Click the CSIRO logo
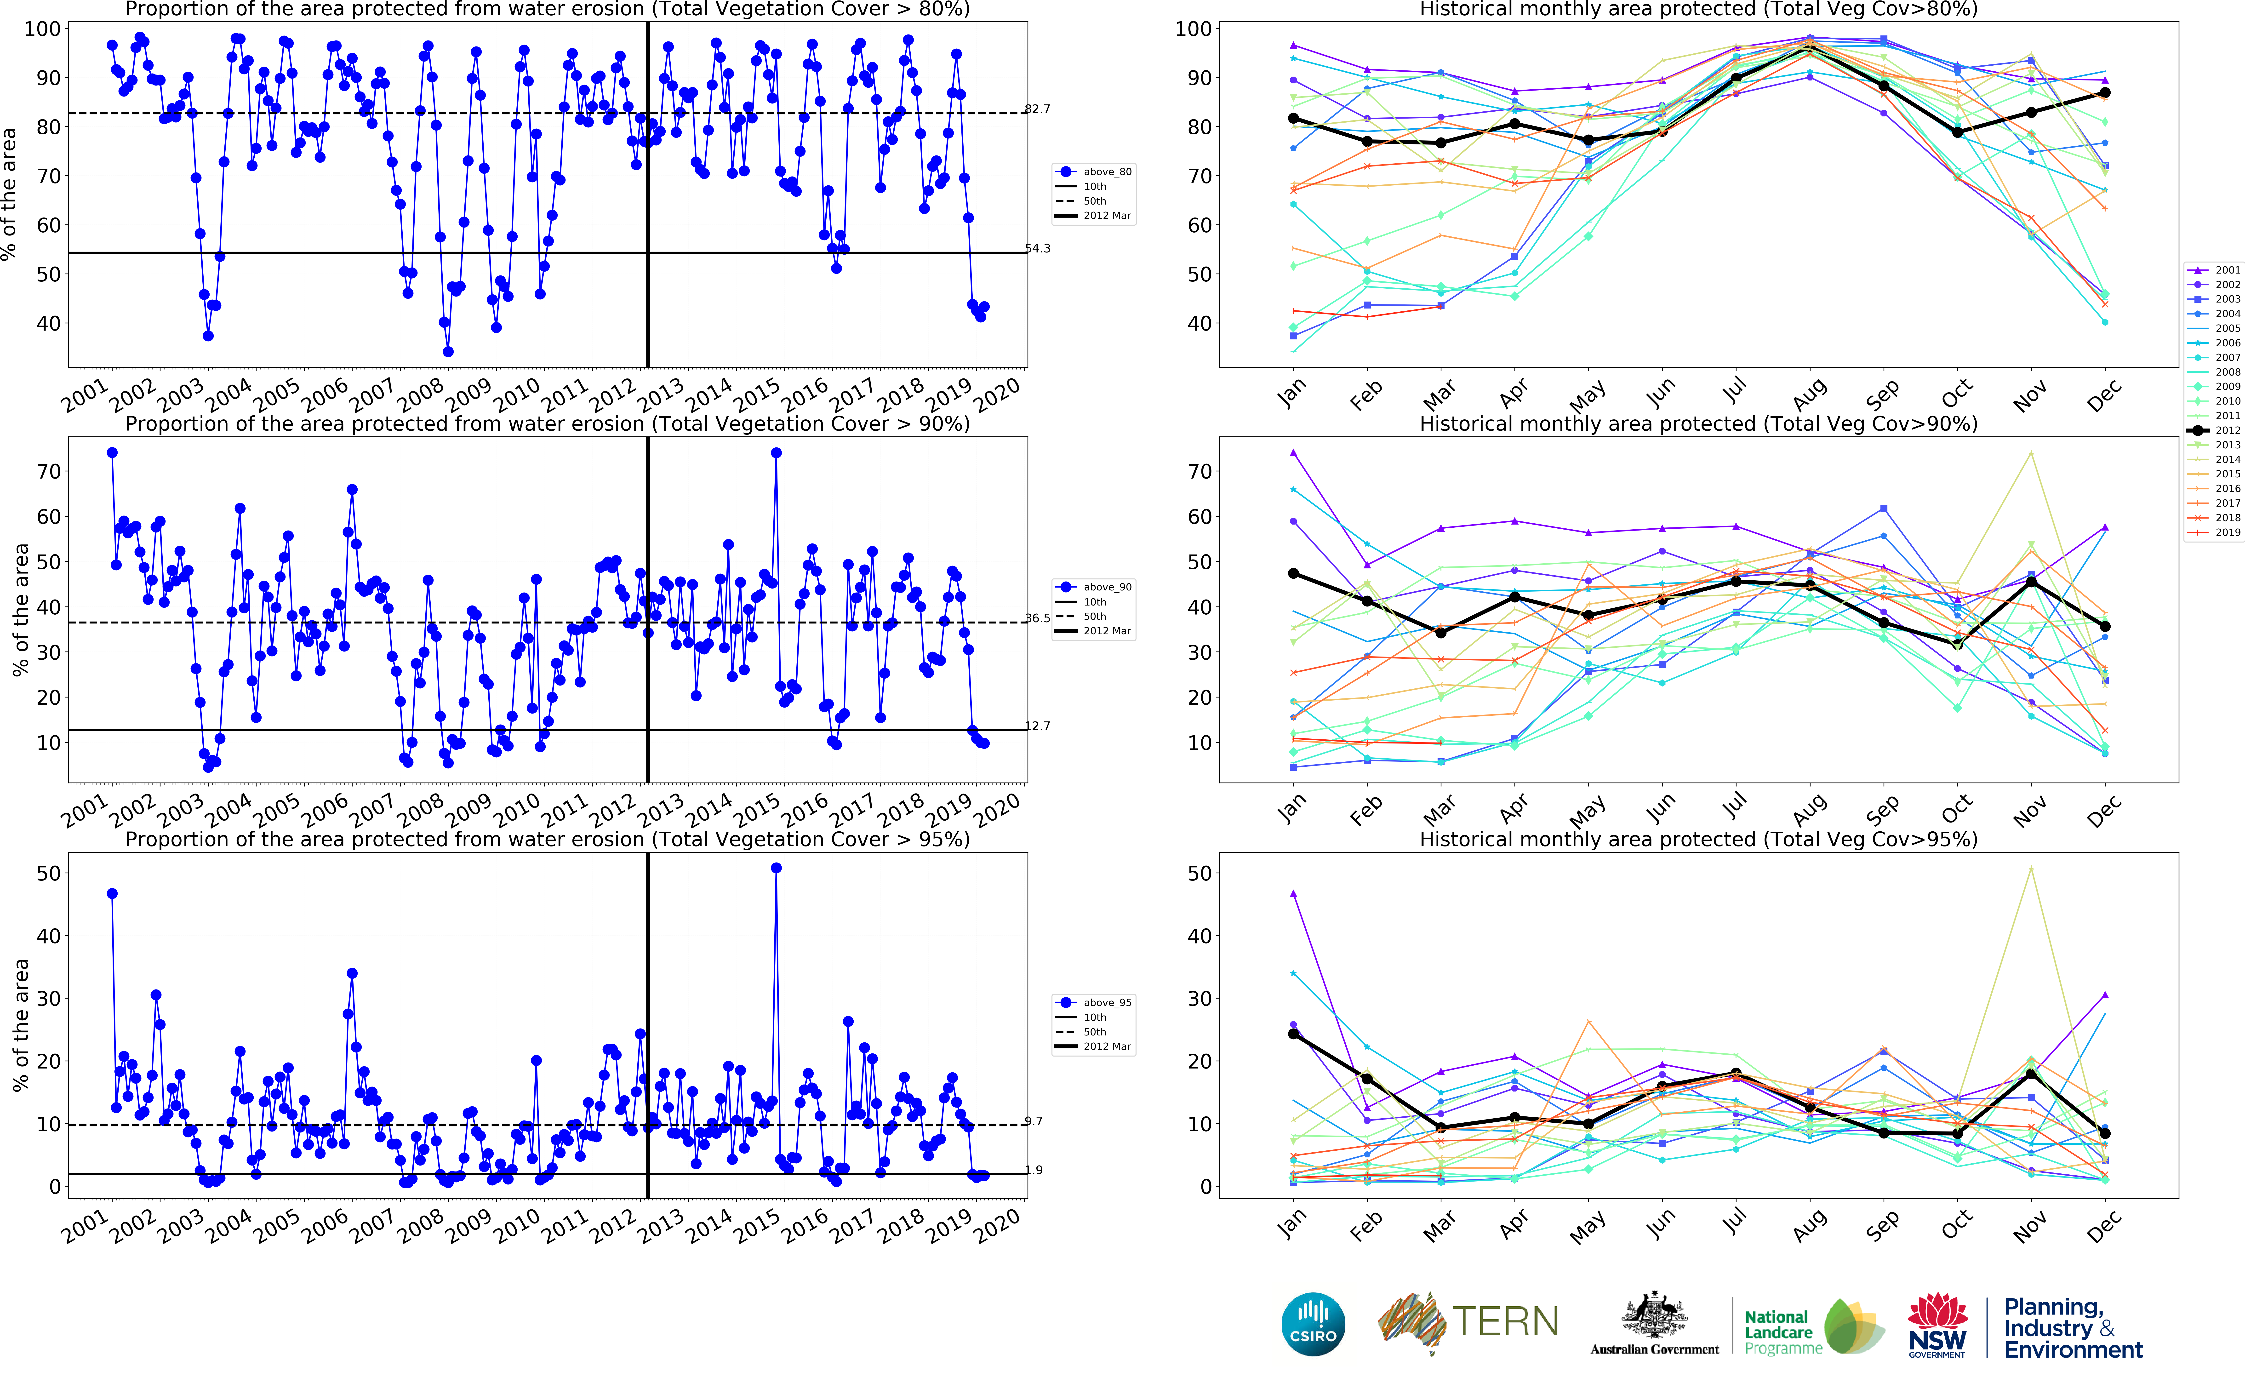(1313, 1324)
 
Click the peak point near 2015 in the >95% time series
(776, 868)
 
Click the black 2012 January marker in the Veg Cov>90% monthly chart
(1293, 573)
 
